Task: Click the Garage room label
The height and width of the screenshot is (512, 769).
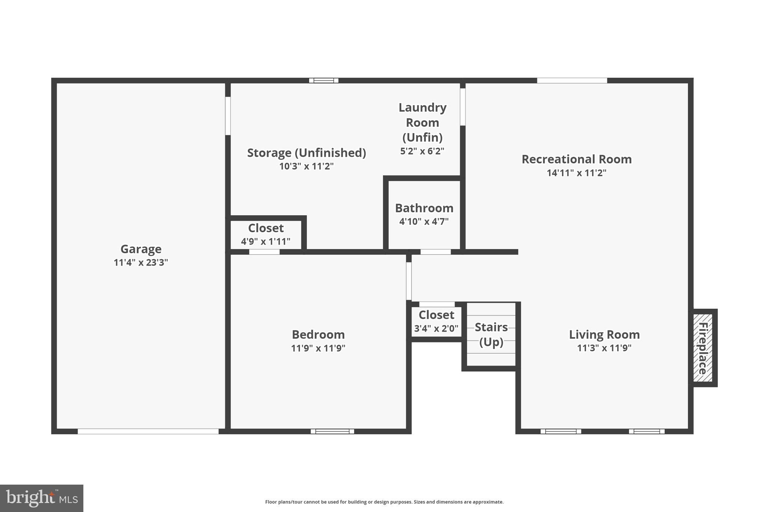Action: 141,249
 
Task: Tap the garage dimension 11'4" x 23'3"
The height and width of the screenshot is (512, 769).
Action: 141,263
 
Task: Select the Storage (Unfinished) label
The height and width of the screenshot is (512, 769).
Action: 306,153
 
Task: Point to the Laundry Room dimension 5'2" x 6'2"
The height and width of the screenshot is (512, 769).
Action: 422,151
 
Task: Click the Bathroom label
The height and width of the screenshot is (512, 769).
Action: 424,208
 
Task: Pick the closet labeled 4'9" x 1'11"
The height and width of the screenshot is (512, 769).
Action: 266,234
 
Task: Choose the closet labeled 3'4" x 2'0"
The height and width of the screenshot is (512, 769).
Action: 436,321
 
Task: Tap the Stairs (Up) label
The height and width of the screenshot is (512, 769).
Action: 491,334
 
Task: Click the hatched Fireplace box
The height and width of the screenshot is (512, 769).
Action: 703,348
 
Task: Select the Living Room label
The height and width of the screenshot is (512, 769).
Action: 604,334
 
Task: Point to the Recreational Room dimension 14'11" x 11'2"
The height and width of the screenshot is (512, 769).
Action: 576,173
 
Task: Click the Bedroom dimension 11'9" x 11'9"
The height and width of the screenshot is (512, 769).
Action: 318,348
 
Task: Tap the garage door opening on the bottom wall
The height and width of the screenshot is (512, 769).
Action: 148,431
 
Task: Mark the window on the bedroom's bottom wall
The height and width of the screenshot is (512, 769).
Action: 332,431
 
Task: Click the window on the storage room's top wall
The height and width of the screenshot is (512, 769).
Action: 324,80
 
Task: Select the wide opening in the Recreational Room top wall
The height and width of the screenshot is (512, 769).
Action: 572,80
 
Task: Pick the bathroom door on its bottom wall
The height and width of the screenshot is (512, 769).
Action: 435,252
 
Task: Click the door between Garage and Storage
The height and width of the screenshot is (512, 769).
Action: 228,116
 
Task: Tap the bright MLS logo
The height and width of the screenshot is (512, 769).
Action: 42,498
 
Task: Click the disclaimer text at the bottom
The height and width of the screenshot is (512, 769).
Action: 384,502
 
